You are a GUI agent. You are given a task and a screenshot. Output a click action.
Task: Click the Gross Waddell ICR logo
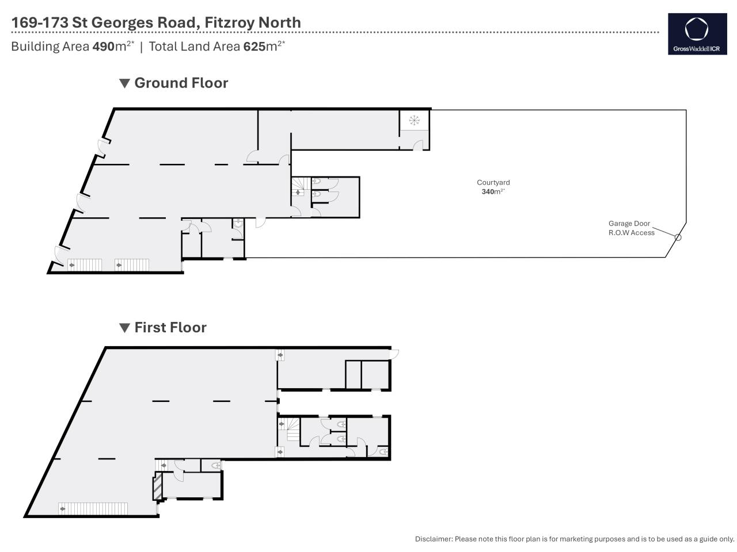coord(697,34)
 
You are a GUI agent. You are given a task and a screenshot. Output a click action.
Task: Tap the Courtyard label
coord(493,182)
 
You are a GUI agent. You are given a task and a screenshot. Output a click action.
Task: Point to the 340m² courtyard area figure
coord(493,191)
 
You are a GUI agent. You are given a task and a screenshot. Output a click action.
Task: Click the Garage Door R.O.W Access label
coord(631,228)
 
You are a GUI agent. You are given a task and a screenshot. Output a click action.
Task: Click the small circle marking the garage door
coord(678,237)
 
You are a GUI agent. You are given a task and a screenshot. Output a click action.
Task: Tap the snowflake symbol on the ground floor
coord(414,120)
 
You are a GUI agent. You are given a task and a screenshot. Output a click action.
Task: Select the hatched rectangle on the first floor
coord(157,486)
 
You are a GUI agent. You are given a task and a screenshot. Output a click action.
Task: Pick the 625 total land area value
coord(254,46)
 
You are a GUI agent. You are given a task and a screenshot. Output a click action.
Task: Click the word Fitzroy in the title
coord(227,22)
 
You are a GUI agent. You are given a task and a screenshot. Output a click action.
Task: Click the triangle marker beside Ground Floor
coord(124,83)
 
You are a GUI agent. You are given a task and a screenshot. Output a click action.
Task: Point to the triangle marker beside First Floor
coord(124,327)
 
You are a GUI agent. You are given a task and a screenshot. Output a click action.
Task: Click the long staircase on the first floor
coord(93,508)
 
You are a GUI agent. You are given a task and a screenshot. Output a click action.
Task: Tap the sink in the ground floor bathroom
coord(238,223)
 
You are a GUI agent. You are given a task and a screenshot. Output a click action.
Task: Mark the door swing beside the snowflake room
coord(417,145)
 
